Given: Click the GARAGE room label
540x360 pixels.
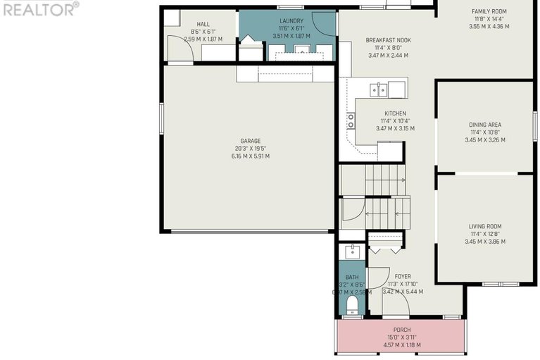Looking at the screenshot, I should pos(250,140).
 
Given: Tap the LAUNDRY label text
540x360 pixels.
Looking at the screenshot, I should pos(291,22).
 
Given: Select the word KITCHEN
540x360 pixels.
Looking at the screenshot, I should pos(395,113).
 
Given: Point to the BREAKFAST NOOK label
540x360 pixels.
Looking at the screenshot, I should pos(388,40).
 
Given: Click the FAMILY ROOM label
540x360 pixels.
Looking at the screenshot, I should pos(489,11).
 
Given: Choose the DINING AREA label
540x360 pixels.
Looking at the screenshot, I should pos(485,125).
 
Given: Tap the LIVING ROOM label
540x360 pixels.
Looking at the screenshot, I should pos(486,226).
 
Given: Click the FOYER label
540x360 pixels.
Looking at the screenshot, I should pos(403,277).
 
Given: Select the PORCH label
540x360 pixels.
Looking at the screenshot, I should pos(401,330).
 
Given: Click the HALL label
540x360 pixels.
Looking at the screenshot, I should pos(203,24).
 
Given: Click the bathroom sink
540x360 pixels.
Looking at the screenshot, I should pos(351,252).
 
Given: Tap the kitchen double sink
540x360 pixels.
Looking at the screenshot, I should pos(379,89).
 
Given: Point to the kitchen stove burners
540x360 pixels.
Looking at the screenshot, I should pos(350,120).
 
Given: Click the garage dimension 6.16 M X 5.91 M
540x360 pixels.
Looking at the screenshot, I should pos(250,156).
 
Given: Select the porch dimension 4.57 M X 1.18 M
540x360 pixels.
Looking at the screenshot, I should pos(401,345).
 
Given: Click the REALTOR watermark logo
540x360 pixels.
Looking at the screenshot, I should pos(39,8).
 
